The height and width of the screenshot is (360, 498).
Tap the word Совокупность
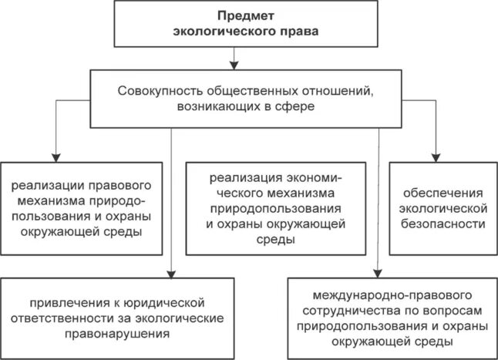pyautogui.click(x=160, y=90)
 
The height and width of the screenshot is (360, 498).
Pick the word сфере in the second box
pyautogui.click(x=298, y=106)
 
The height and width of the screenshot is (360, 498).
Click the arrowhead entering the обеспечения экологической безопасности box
pyautogui.click(x=436, y=156)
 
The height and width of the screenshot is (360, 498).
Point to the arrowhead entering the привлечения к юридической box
pyautogui.click(x=171, y=273)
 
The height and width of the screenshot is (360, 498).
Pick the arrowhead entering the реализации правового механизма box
pyautogui.click(x=56, y=156)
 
